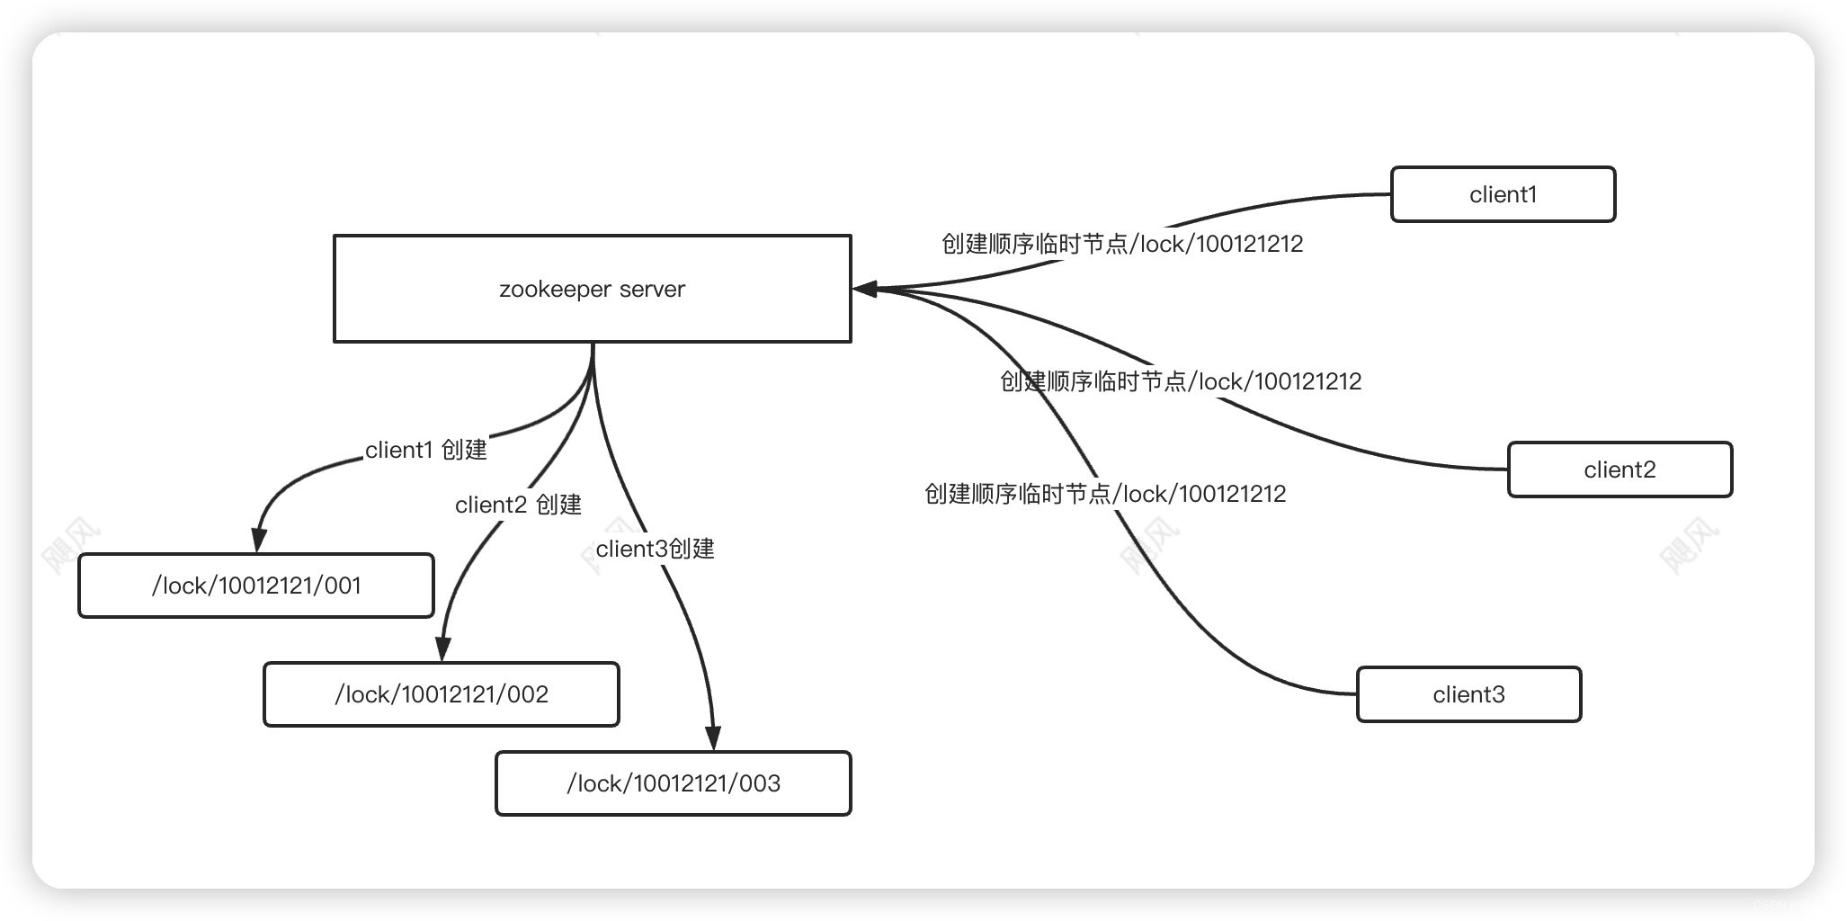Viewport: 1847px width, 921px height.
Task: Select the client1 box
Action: (1503, 194)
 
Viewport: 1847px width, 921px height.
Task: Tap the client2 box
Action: (1619, 469)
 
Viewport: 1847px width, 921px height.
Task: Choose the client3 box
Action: (1468, 694)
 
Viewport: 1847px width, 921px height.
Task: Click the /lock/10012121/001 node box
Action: (256, 586)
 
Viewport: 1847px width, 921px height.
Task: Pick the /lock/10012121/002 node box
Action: (441, 694)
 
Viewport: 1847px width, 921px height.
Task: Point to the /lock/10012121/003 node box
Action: (673, 783)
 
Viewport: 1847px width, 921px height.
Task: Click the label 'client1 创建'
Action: (425, 450)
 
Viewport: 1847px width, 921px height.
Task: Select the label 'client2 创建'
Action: (518, 505)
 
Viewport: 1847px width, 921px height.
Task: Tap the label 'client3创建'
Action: (655, 549)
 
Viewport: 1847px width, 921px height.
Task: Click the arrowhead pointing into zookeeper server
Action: (864, 289)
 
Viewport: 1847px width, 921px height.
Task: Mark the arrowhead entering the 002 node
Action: (442, 649)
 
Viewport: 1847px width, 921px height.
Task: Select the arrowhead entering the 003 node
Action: (714, 738)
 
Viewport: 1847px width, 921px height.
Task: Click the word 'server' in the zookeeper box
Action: (652, 290)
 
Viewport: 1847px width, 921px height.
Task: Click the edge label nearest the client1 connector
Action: (1121, 244)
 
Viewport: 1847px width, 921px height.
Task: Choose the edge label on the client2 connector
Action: (1180, 381)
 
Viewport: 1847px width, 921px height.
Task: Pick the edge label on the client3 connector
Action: (1104, 494)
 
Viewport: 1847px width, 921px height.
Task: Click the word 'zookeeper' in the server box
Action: (555, 290)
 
